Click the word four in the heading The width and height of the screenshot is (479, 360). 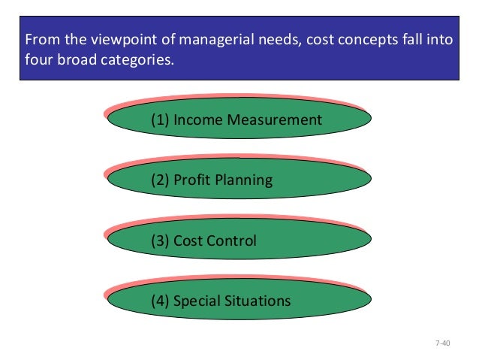click(39, 59)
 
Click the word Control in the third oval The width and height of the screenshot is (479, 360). click(230, 241)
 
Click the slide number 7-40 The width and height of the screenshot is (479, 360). click(442, 343)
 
